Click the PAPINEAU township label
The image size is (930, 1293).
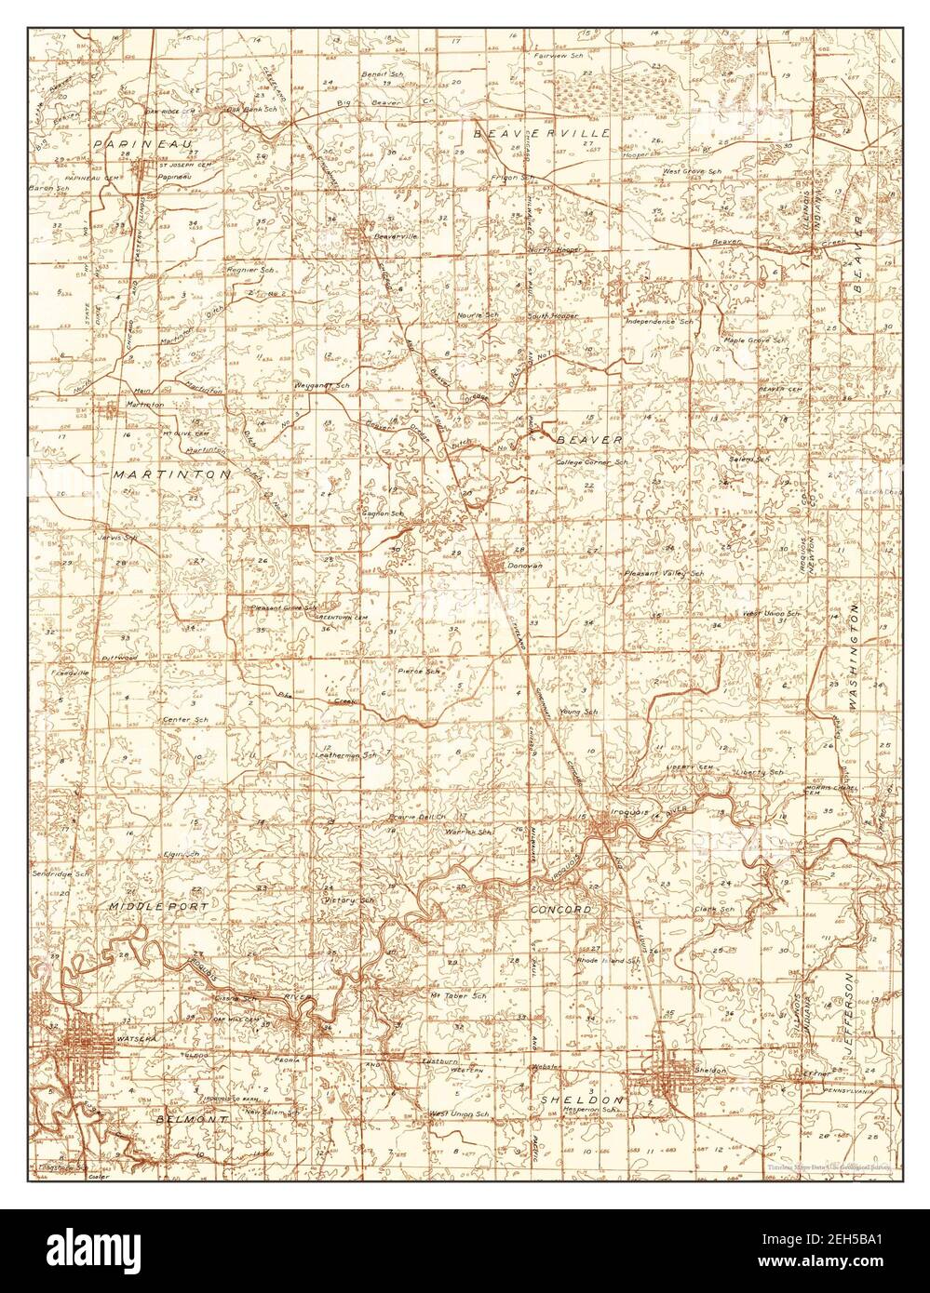(130, 143)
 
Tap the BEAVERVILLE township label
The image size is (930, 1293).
(542, 133)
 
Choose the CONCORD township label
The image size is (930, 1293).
(561, 907)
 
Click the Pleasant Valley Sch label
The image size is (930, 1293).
(664, 574)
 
